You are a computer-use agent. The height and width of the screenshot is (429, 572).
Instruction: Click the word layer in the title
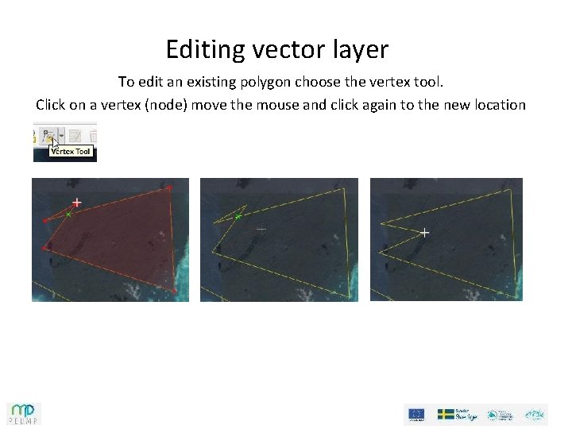[x=361, y=50]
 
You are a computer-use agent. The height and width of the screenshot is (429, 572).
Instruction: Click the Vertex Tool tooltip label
[x=71, y=151]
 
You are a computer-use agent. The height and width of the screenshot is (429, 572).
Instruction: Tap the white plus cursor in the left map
[x=76, y=203]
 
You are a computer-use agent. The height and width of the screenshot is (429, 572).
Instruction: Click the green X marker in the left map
[x=69, y=214]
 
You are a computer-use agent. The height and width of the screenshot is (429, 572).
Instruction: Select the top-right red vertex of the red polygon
[x=169, y=187]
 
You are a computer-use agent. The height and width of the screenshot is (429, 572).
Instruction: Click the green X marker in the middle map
[x=238, y=216]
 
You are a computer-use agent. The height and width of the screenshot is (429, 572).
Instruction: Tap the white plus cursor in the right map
[x=425, y=233]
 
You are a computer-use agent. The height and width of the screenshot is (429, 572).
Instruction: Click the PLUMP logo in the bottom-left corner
[x=24, y=413]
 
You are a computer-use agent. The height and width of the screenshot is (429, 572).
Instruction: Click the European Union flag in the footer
[x=416, y=414]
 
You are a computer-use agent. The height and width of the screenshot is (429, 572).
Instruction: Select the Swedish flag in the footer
[x=446, y=414]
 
